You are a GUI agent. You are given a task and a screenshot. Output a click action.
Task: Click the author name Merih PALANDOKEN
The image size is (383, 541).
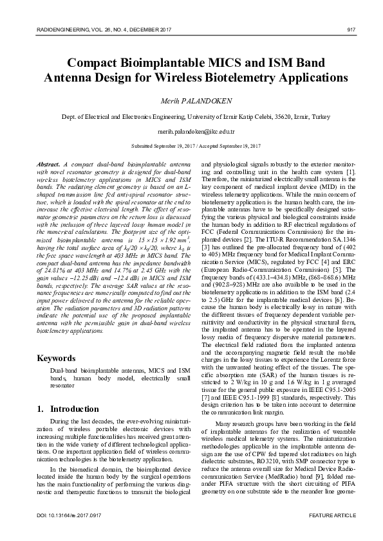click(192, 102)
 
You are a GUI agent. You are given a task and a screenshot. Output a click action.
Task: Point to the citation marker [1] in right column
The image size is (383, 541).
click(350, 173)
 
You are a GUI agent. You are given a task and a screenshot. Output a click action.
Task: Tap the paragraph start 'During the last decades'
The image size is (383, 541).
click(82, 420)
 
